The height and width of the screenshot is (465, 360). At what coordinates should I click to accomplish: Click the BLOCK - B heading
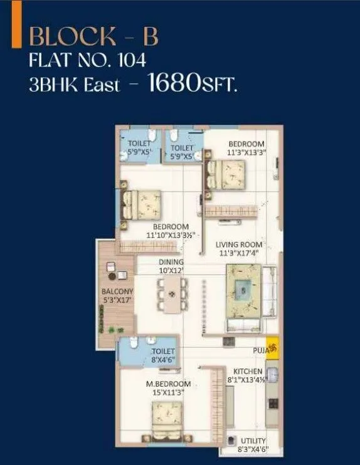click(93, 36)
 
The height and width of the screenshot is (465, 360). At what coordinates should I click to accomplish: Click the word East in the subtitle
click(98, 85)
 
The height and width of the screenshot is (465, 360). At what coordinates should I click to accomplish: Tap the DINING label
click(171, 262)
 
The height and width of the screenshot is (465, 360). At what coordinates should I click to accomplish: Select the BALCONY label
click(115, 291)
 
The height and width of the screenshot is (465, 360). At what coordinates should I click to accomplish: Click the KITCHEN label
click(247, 372)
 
